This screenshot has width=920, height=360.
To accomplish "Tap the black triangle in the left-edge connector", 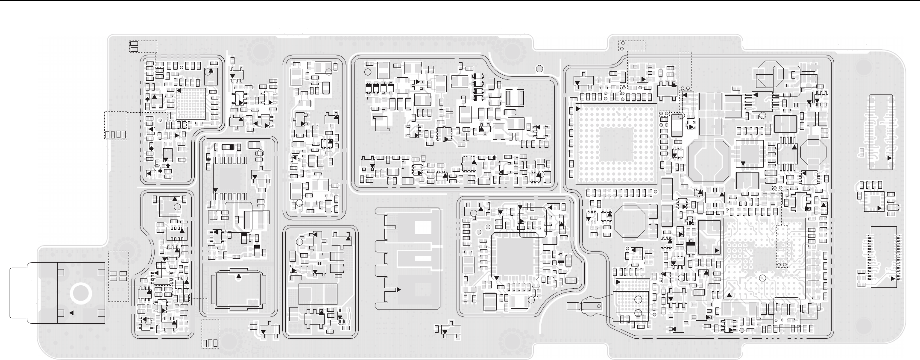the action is (71, 313).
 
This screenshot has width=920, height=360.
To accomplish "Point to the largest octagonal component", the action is (708, 160).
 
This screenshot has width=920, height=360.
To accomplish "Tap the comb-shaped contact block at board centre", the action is (408, 258).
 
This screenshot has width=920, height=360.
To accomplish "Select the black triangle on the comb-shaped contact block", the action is (398, 290).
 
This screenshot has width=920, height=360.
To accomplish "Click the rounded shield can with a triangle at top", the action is (239, 289).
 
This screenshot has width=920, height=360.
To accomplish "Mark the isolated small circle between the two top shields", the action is (539, 67).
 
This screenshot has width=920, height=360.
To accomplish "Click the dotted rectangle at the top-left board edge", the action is (143, 47).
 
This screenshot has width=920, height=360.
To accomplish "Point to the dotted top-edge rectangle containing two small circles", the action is (632, 45).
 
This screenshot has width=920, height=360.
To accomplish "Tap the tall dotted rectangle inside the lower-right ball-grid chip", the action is (782, 246).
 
